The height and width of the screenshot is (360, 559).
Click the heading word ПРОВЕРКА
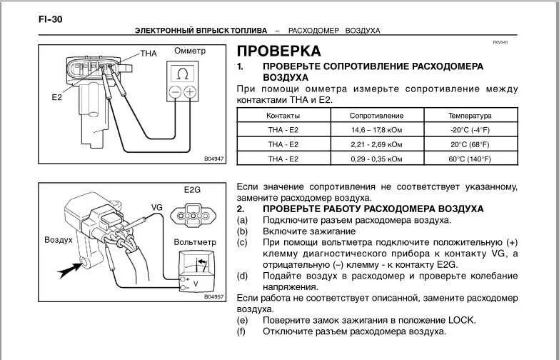click(278, 51)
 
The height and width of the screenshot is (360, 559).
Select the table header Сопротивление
click(376, 115)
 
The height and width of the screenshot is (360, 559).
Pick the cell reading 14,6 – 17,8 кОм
click(376, 130)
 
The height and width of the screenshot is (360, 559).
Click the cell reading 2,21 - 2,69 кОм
click(376, 144)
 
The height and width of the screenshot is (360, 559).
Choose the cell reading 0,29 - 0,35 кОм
click(376, 159)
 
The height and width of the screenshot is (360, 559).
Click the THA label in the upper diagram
click(148, 54)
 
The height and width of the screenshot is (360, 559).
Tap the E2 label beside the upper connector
click(56, 97)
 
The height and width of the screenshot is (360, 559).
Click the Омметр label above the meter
click(190, 51)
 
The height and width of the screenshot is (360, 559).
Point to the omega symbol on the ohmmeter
click(183, 74)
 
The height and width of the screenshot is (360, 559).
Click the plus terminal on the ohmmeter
click(190, 92)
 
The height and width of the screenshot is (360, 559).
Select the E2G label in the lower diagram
click(193, 191)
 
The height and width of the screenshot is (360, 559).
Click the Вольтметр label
click(193, 242)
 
